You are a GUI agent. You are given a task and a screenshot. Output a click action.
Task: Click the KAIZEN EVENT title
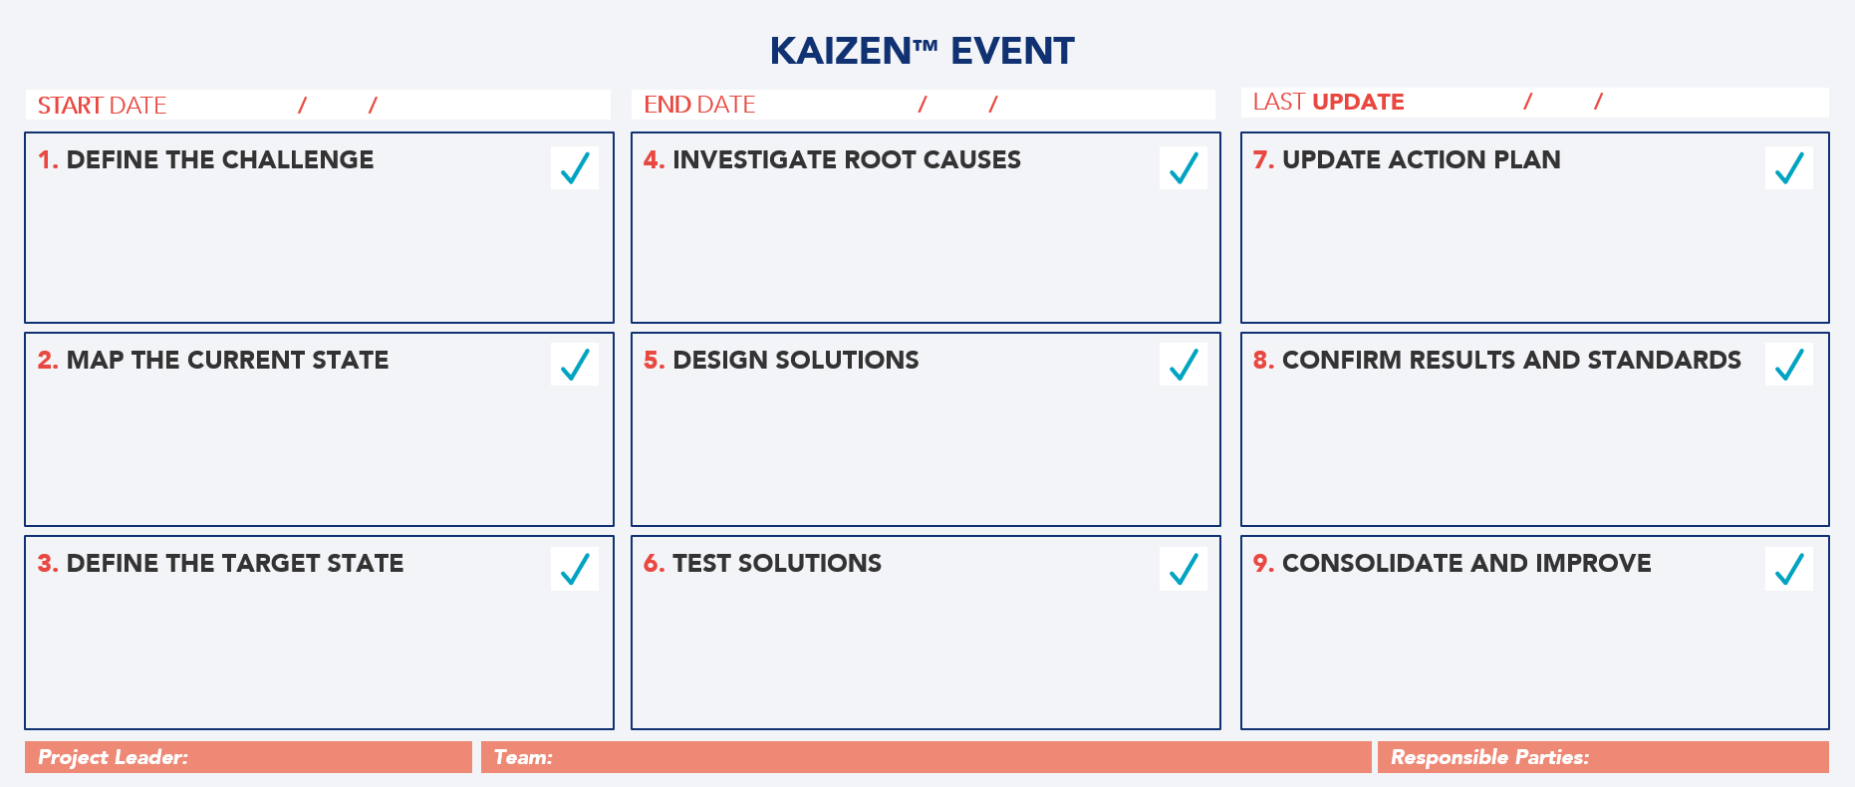922,51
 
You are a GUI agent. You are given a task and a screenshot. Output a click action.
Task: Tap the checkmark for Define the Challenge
575,168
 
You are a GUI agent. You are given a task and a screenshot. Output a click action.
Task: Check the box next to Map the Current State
575,365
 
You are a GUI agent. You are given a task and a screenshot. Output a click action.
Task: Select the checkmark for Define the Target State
575,569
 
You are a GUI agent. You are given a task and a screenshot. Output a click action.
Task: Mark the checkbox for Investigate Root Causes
1183,168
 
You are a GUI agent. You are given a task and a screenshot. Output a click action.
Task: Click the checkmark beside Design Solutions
1183,365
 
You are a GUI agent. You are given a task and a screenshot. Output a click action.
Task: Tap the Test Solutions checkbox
1183,569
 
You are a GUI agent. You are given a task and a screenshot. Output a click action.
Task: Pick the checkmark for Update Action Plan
1788,168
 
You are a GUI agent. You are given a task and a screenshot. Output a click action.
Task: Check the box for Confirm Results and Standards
1788,365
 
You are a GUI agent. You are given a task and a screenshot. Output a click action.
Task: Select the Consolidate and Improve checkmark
1788,569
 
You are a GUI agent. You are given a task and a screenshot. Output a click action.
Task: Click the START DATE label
102,106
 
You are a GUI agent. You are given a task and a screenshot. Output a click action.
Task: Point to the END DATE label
699,105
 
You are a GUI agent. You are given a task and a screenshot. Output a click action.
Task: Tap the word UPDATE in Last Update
1358,102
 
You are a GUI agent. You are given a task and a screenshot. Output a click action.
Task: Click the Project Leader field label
113,757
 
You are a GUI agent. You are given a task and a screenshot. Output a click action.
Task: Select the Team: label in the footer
523,757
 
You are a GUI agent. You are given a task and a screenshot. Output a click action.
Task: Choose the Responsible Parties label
1489,757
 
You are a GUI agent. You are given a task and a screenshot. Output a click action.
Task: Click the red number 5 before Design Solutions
653,361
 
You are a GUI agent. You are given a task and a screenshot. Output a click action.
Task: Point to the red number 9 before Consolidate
1262,564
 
